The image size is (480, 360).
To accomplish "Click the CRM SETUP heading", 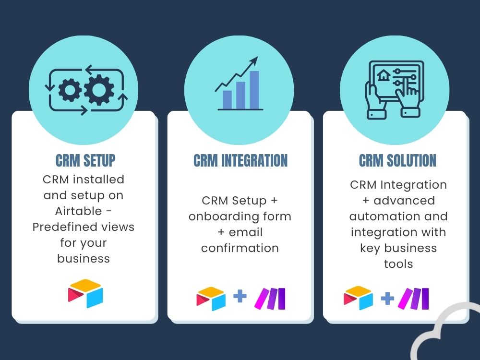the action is point(85,160).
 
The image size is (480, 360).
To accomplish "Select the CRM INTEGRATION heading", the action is point(240,160).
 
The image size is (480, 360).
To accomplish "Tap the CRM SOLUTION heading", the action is point(397,160).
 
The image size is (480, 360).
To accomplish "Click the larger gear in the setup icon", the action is point(99,90).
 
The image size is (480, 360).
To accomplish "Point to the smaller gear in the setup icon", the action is point(70,90).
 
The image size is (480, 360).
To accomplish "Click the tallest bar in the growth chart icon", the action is point(254,90).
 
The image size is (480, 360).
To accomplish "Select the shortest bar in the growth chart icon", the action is point(227,100).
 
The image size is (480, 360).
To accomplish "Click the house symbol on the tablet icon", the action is point(384,75).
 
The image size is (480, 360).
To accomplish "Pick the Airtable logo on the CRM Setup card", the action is point(85,293).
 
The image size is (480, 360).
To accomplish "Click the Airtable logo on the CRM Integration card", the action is point(211,299).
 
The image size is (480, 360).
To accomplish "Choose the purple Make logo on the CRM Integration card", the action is point(270,299).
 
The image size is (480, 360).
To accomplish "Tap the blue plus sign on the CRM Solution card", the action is point(387,299).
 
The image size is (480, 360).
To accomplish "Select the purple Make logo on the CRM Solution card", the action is point(413,299).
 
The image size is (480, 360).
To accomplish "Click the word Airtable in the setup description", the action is point(78,211).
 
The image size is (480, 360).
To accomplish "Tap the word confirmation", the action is point(240,248).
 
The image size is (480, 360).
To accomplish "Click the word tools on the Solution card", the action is point(398,264).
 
